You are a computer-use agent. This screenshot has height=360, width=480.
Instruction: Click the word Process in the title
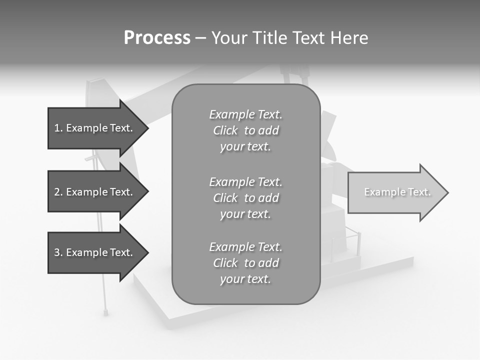(157, 38)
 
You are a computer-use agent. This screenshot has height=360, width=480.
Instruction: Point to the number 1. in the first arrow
(58, 128)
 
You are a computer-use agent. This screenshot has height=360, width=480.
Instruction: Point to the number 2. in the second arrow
(58, 192)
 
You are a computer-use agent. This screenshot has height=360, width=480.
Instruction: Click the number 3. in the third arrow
(58, 252)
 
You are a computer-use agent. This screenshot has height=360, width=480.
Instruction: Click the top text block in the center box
(245, 130)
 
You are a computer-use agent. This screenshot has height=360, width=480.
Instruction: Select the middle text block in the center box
(245, 198)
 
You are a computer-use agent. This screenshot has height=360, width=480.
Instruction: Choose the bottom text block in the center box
(245, 263)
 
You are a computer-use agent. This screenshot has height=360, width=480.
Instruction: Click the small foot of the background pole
(106, 312)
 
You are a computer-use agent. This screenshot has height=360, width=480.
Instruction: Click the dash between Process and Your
(200, 38)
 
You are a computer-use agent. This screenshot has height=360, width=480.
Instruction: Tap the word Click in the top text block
(225, 130)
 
